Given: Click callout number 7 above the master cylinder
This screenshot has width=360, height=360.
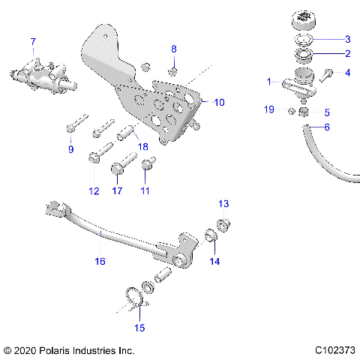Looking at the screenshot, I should pos(32,40).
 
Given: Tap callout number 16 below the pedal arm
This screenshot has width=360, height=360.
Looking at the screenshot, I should pos(100,261).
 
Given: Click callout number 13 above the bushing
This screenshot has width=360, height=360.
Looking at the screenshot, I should pos(223,204).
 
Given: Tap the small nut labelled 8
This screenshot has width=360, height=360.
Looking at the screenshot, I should pos(173,71).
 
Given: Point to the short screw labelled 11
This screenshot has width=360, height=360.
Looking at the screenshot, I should pos(147,163).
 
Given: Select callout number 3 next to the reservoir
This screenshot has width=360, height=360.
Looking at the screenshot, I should pos(347,39).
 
